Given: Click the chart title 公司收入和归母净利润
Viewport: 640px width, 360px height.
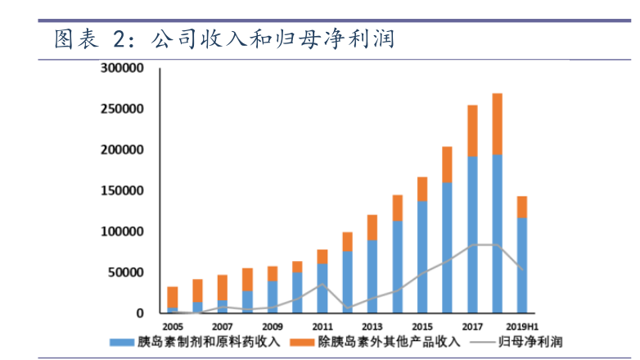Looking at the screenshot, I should coord(273,38).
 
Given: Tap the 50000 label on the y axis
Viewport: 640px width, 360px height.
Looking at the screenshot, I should coord(126,272).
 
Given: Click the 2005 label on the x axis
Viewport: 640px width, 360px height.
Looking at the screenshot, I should coord(172,326).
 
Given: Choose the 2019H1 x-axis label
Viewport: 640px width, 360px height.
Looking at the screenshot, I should coord(521,326).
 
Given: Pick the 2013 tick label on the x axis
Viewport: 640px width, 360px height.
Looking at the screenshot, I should coord(372,326).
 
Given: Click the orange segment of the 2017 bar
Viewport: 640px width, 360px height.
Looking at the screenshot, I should coord(472,131).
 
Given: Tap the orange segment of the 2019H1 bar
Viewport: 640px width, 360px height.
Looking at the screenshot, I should coord(521,207).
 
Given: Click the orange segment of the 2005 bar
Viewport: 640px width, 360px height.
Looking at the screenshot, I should coord(172,297).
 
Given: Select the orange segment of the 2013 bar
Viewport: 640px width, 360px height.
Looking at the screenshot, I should coord(372,227).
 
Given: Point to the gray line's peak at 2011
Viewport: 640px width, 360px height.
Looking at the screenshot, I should coord(322,285).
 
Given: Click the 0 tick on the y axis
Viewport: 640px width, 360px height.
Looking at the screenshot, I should coord(139,313).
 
